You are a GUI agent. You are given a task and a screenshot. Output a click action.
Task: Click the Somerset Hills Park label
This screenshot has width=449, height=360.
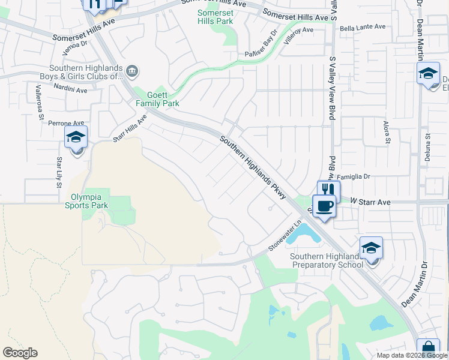215,17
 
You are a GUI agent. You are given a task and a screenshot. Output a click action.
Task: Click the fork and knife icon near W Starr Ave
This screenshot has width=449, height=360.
328,190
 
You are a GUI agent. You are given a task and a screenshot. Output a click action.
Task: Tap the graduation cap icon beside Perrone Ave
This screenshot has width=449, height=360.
76,137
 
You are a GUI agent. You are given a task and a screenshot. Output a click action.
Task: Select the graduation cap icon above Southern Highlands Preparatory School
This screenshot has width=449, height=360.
371,248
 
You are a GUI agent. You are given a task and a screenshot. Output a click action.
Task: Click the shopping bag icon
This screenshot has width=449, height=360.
428,349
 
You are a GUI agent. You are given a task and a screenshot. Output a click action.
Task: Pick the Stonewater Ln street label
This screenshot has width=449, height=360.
283,241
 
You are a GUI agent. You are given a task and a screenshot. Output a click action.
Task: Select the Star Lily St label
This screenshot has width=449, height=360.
59,172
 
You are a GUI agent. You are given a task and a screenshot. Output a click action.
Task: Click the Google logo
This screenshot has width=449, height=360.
20,353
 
